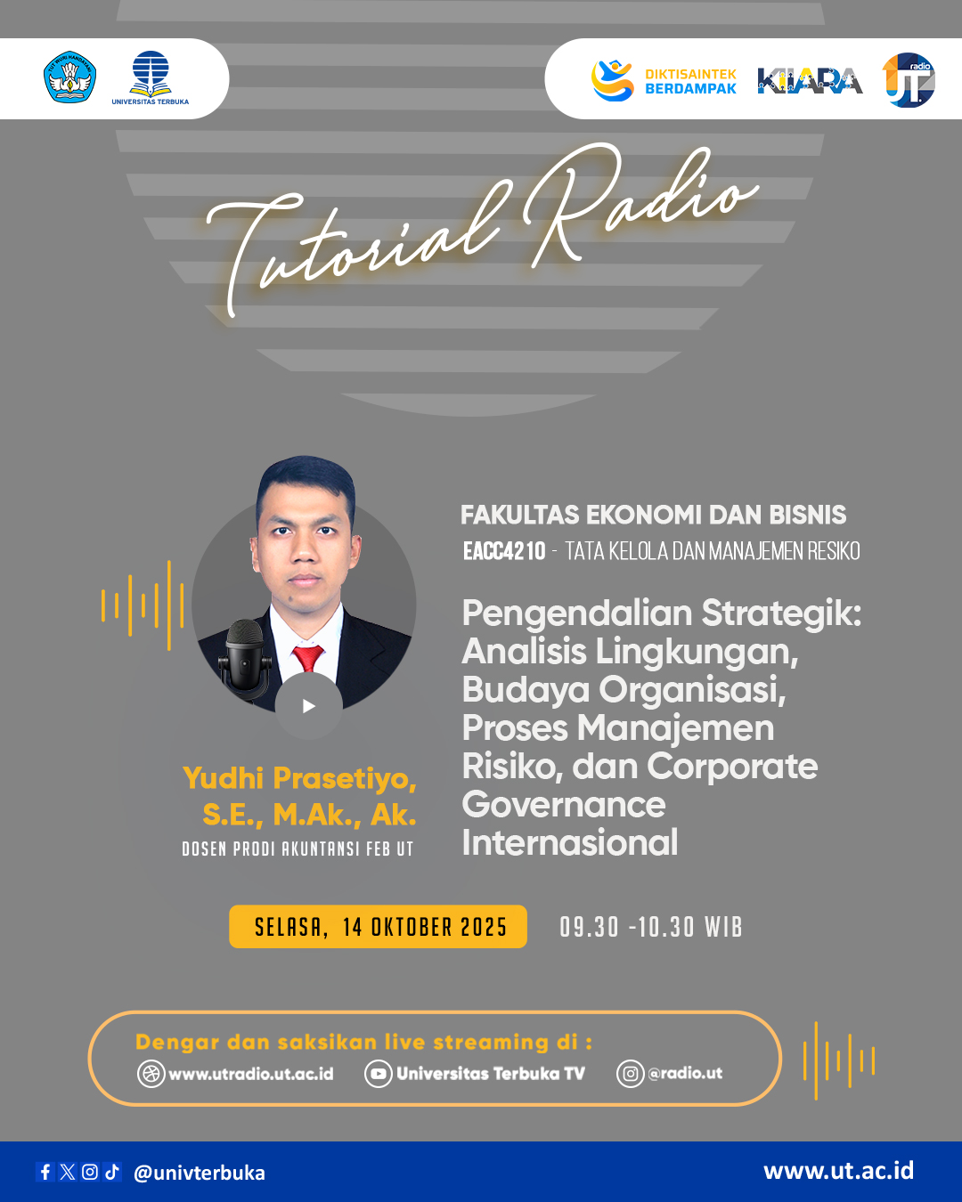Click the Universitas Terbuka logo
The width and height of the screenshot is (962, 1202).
point(150,78)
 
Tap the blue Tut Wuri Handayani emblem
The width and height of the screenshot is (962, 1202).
point(69,77)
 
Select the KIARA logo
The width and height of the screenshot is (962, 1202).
point(810,81)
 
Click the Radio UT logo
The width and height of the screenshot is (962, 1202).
point(909,80)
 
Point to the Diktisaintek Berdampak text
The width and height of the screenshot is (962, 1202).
point(690,82)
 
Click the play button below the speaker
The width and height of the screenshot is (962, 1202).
point(309,706)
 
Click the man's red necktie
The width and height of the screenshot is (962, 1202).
point(307,658)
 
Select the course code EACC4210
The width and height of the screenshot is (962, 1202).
point(504,552)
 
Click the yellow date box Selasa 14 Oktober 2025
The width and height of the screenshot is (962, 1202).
point(379,927)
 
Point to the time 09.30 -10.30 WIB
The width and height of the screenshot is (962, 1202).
point(651,928)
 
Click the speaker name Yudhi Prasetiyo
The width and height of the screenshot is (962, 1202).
point(300,778)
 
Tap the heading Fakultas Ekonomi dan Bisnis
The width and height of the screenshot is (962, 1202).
point(653,515)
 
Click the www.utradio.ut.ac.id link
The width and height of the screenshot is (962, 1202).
point(250,1074)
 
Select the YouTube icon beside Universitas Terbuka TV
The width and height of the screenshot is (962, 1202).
point(379,1074)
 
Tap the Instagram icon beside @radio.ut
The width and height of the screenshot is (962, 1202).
point(630,1074)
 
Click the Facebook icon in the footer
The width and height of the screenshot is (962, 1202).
point(45,1172)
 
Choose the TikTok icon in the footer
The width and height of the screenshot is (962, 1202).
point(112,1172)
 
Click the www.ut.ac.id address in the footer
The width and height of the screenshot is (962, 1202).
point(838,1171)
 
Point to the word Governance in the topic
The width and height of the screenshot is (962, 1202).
point(564,805)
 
